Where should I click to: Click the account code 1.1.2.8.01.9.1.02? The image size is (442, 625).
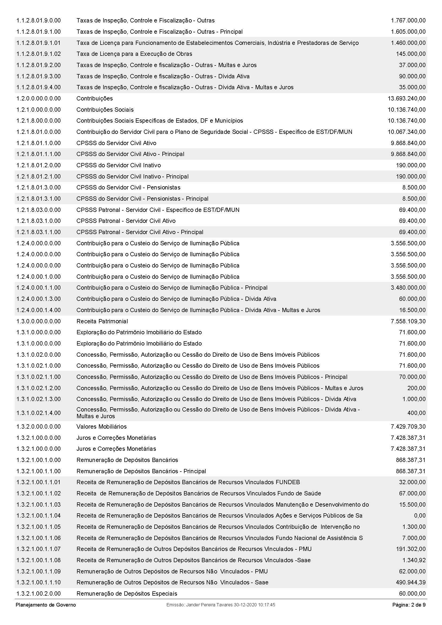click(39, 54)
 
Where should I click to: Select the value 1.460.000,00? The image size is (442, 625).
click(408, 43)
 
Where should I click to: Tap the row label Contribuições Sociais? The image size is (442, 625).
click(105, 110)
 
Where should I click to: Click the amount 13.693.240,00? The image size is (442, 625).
click(406, 99)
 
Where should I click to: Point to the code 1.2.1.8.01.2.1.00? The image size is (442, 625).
click(39, 176)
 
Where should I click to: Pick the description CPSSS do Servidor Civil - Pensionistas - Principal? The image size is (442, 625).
click(142, 199)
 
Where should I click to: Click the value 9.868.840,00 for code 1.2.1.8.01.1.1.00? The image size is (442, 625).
click(408, 154)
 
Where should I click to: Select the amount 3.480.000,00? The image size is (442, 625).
click(408, 288)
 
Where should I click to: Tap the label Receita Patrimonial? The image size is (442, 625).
click(102, 321)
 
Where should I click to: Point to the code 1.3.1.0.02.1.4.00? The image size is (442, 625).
click(39, 413)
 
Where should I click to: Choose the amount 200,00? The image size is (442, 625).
click(416, 388)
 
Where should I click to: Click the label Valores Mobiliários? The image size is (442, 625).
click(102, 426)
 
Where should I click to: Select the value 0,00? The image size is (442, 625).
click(419, 515)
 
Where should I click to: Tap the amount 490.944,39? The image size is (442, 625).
click(411, 582)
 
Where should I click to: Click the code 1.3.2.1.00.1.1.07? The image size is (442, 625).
click(39, 549)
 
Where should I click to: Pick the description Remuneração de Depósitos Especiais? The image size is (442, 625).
click(127, 593)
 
